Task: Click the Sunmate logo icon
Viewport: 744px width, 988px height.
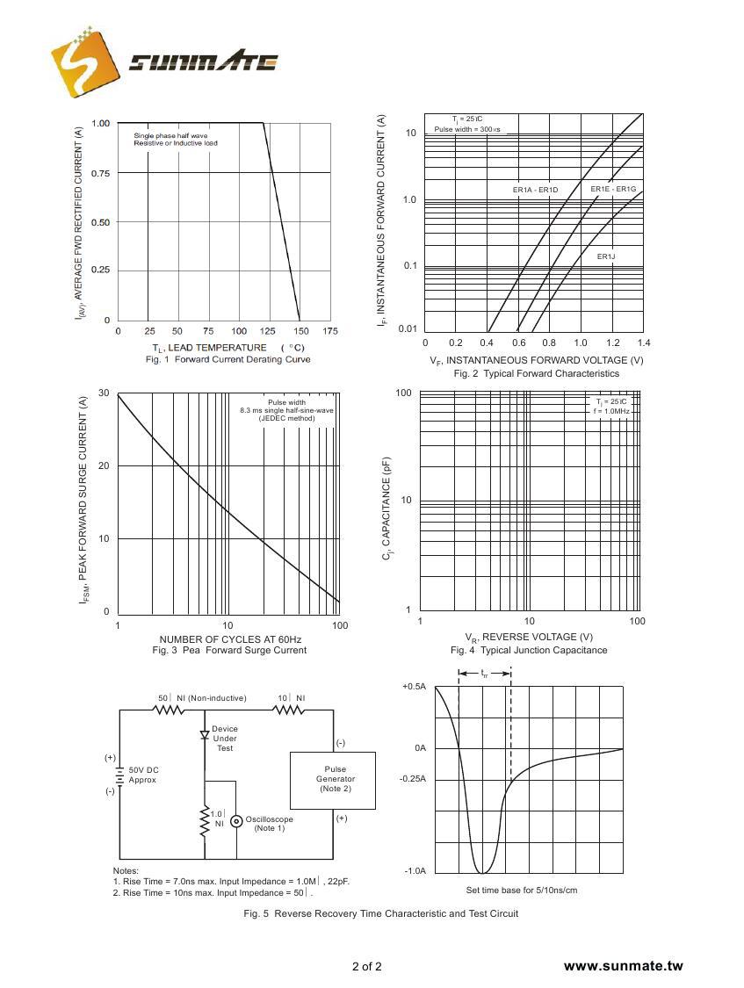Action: (83, 62)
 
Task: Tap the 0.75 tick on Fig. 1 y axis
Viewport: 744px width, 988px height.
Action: (100, 173)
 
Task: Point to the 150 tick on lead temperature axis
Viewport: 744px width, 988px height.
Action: (300, 330)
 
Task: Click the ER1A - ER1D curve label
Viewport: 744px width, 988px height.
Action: (535, 190)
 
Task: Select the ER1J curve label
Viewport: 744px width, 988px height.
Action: (606, 256)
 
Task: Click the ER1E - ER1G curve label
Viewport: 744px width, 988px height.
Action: (613, 189)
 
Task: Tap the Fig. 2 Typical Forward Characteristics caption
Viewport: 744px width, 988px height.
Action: (536, 374)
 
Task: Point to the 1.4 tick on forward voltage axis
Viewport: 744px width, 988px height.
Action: (643, 343)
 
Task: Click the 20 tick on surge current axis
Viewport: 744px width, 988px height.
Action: (104, 465)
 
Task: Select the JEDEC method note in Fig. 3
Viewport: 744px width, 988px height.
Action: (286, 419)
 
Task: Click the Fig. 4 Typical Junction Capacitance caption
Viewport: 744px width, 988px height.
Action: (529, 651)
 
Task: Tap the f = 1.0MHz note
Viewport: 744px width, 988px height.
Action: (611, 411)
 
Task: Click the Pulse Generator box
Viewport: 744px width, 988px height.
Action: (333, 779)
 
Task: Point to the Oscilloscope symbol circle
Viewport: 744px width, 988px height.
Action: (236, 821)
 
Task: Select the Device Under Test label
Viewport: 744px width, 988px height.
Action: (225, 739)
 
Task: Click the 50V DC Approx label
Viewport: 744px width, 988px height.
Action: (143, 775)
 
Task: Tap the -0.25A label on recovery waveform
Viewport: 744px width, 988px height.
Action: (412, 779)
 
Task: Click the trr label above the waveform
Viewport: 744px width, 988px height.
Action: (484, 674)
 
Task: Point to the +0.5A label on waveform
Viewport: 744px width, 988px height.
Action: (414, 687)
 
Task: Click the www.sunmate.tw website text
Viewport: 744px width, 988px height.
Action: (623, 966)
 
